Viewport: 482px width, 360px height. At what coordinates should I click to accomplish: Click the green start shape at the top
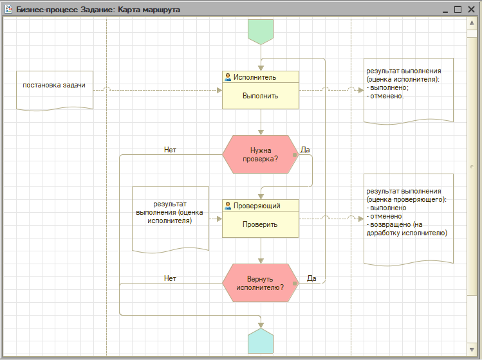[261, 32]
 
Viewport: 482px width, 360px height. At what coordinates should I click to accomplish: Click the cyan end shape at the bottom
[261, 341]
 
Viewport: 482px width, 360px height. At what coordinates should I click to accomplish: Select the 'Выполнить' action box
[261, 90]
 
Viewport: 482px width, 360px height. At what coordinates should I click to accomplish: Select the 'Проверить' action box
[261, 219]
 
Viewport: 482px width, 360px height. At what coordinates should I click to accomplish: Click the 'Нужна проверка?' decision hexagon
[261, 154]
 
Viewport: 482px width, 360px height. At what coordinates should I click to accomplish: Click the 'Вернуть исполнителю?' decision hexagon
[261, 283]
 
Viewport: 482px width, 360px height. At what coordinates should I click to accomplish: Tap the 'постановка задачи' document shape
[55, 91]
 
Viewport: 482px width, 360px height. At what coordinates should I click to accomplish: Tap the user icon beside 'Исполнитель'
[228, 77]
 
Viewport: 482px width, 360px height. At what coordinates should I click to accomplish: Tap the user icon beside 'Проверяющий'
[228, 206]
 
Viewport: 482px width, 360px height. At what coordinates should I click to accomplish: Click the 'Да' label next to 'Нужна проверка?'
[305, 150]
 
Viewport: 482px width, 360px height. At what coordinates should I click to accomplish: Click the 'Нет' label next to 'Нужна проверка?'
[170, 150]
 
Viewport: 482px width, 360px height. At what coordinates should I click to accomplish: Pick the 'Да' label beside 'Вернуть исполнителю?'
[311, 278]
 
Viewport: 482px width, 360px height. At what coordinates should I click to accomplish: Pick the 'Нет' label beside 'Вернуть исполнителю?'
[170, 278]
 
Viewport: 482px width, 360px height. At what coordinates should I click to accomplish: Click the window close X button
[471, 10]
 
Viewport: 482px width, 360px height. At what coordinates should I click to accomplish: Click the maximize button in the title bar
[458, 10]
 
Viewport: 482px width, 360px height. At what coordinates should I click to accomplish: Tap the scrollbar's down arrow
[472, 350]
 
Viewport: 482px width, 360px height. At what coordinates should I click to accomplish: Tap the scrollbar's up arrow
[472, 23]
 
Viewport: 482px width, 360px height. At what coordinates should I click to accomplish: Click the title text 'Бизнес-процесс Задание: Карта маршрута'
[98, 10]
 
